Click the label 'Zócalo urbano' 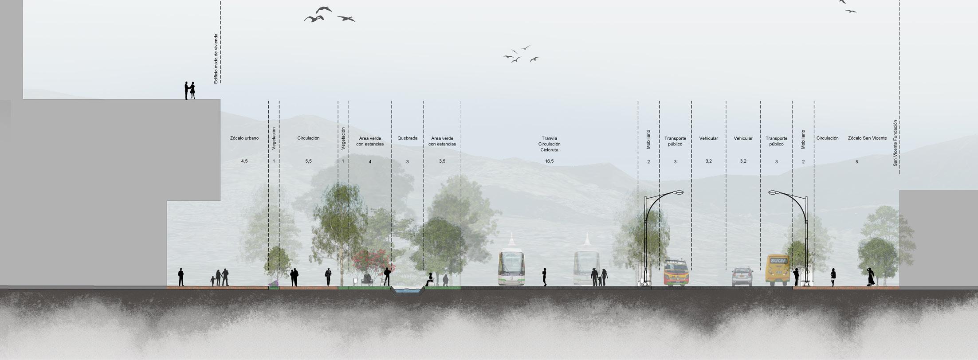[x=244, y=138]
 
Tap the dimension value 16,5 [x=549, y=161]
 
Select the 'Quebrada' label [x=407, y=138]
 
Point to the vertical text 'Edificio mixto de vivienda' [x=216, y=59]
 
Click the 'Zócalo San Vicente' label [x=867, y=138]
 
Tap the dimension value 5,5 [x=308, y=161]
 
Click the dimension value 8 [x=856, y=162]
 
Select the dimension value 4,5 [x=244, y=161]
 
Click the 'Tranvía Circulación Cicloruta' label [x=549, y=144]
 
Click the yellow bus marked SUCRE [x=777, y=270]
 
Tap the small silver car [x=742, y=277]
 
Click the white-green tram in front [x=511, y=268]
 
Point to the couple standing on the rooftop [x=189, y=90]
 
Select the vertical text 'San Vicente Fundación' [x=895, y=143]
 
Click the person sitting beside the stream [x=429, y=280]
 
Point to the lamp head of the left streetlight [x=679, y=192]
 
